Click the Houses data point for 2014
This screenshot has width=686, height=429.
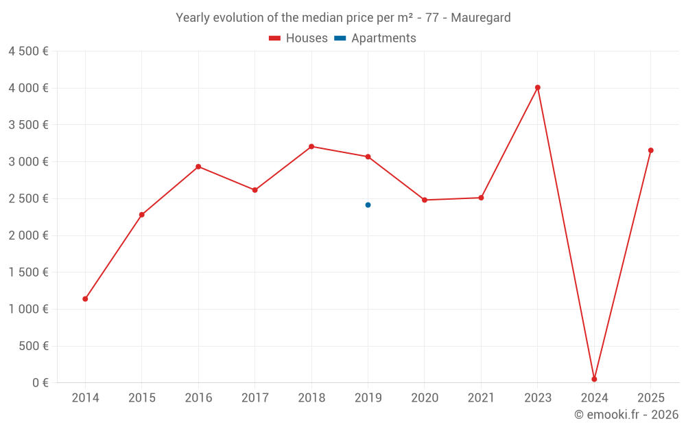tap(85, 299)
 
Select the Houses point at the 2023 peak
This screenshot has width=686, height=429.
tap(538, 87)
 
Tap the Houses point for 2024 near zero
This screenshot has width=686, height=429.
tap(594, 379)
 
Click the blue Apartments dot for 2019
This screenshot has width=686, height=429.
tap(368, 205)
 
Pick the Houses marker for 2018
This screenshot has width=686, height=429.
tap(311, 146)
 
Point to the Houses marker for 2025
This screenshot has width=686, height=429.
tap(651, 150)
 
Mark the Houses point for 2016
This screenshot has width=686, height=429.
tap(198, 166)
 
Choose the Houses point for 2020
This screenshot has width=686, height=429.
tap(425, 200)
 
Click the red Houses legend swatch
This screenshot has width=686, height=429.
tap(274, 38)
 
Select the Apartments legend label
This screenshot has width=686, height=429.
tap(383, 38)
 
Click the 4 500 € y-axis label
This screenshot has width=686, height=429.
tap(28, 51)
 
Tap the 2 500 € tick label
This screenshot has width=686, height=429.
tap(28, 198)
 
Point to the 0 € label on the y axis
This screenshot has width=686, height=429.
tap(40, 382)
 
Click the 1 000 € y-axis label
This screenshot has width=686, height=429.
tap(28, 309)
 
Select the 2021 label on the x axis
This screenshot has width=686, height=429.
tap(481, 398)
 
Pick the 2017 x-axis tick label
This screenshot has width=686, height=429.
tap(255, 398)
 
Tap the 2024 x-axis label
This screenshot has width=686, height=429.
tap(594, 398)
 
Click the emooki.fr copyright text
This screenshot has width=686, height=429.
tap(626, 415)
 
